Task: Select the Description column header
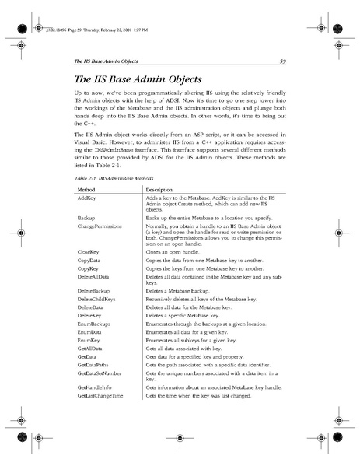pos(159,189)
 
